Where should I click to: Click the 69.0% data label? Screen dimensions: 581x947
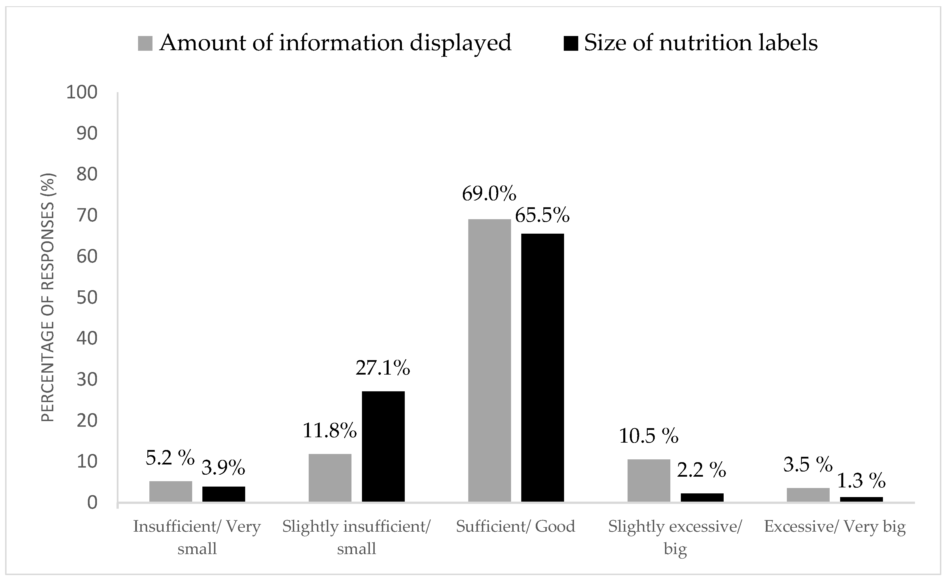489,193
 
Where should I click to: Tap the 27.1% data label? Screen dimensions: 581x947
383,368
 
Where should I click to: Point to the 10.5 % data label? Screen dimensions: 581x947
649,436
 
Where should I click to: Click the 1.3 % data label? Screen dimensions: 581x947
861,481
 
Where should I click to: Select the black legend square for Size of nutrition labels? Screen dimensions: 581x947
571,43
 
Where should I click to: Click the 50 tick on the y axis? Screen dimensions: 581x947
87,298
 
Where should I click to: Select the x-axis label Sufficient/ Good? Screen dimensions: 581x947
515,526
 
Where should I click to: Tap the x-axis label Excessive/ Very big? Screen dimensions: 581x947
835,526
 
